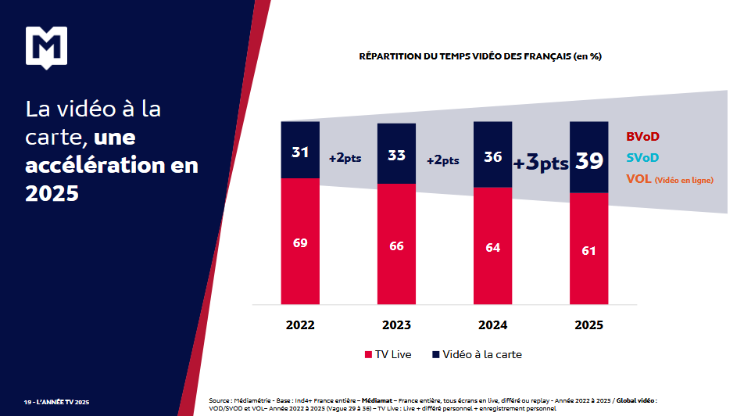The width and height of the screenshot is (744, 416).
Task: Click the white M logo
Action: click(46, 48)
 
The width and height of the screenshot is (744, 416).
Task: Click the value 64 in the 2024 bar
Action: click(493, 247)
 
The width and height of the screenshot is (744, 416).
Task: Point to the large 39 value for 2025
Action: click(589, 161)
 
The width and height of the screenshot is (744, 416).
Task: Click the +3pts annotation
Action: click(540, 163)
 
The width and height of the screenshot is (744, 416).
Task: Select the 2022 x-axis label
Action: click(300, 325)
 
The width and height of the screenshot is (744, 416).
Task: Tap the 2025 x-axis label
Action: click(589, 325)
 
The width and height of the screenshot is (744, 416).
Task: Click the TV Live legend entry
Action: click(388, 354)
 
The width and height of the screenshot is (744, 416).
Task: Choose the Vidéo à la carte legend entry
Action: click(476, 354)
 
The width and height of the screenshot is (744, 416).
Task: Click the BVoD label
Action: click(642, 137)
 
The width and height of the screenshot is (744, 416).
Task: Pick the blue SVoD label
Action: click(642, 158)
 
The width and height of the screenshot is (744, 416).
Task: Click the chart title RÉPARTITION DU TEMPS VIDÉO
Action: click(480, 56)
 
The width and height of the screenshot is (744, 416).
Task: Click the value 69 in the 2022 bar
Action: click(300, 242)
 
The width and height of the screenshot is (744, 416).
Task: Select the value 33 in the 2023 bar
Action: click(396, 155)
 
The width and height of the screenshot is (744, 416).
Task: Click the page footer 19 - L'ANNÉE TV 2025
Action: click(57, 402)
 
